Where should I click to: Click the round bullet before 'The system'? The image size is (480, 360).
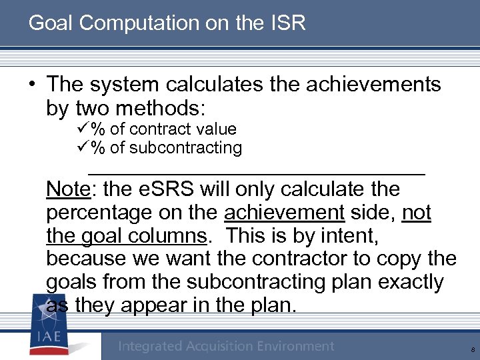pos(32,85)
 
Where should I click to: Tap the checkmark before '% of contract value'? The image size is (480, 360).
pos(84,129)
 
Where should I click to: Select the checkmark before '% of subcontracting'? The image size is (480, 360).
pos(84,147)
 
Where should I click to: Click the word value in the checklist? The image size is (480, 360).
pos(217,129)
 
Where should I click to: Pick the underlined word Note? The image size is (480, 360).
pos(67,189)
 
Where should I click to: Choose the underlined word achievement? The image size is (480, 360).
pos(284,213)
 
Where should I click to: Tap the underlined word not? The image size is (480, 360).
pos(417,213)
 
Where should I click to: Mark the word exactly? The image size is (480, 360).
pos(411,282)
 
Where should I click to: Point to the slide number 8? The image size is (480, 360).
pos(472,348)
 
